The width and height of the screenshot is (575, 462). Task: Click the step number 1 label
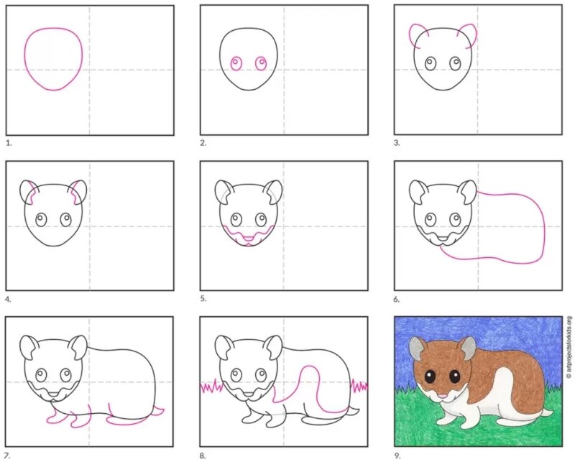[9, 143]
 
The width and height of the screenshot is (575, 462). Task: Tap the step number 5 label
[203, 298]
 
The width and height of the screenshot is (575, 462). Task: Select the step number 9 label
[397, 456]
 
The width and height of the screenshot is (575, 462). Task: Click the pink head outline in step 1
[25, 59]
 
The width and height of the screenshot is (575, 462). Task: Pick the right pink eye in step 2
[261, 63]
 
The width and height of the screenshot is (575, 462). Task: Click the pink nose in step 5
[249, 239]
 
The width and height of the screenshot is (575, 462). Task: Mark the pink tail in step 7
[158, 411]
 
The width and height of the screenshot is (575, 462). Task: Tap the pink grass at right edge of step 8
[359, 386]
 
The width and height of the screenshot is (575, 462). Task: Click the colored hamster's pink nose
[443, 396]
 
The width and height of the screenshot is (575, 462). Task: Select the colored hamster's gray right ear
[469, 348]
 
